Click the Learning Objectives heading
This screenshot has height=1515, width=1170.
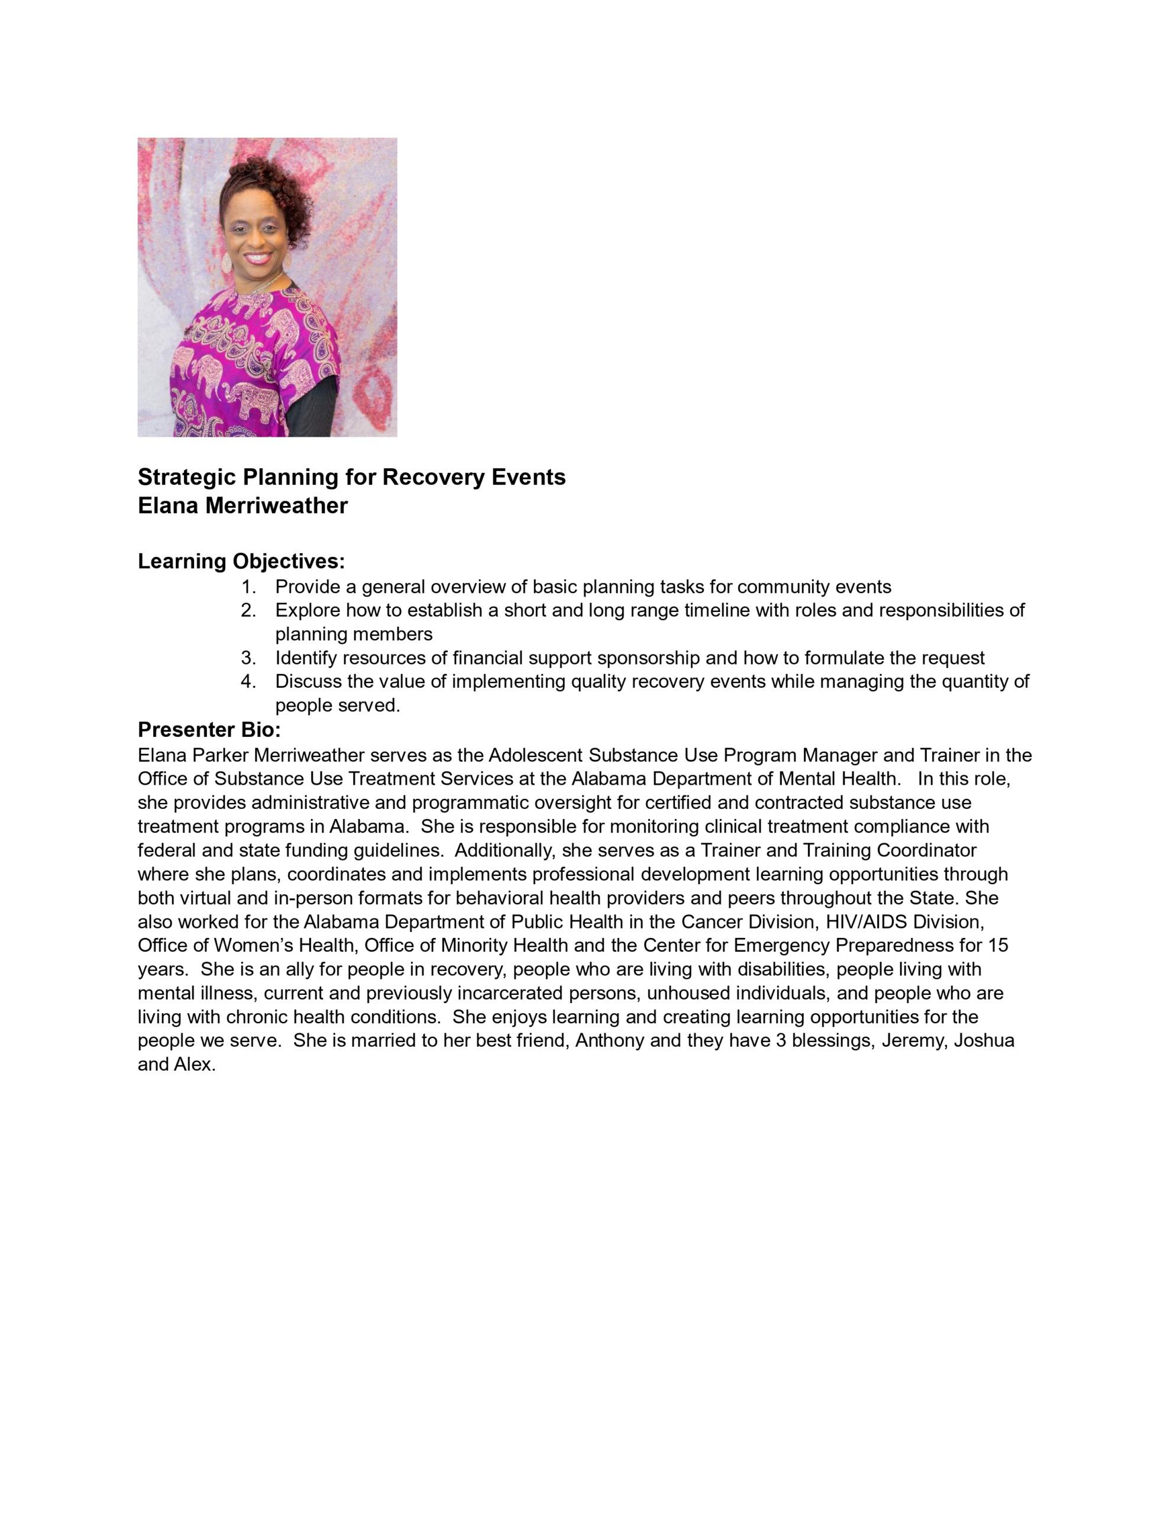pos(241,560)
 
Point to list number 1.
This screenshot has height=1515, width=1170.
pos(248,587)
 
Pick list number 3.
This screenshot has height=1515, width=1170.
pos(248,657)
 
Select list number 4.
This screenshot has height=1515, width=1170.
pos(248,681)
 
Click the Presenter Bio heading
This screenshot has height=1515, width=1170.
pos(209,730)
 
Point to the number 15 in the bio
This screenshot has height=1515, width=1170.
pos(998,946)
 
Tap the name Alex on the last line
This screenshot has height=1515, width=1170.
pos(194,1064)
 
